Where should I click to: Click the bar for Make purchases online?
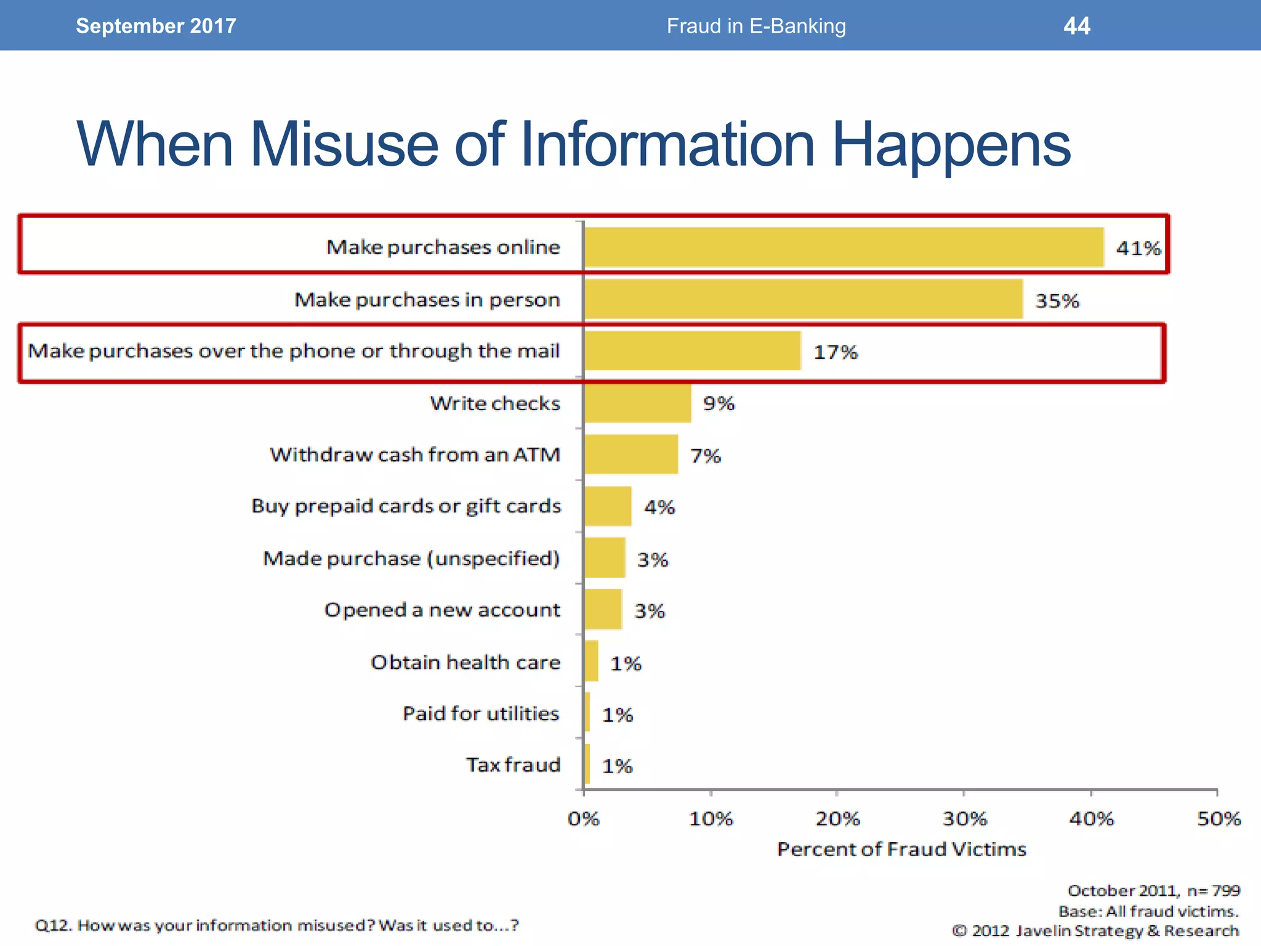click(844, 247)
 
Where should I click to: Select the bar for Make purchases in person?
click(804, 299)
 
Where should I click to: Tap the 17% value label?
click(836, 352)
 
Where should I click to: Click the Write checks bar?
click(638, 403)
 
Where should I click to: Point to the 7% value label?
click(706, 456)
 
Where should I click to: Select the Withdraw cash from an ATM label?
click(415, 455)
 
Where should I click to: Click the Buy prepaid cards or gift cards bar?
click(608, 506)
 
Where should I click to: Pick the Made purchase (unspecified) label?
click(411, 559)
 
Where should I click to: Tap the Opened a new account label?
click(442, 610)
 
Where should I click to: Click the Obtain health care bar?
click(591, 661)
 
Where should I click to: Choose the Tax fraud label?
click(513, 765)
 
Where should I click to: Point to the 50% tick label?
click(1219, 819)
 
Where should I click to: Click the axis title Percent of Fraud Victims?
click(901, 849)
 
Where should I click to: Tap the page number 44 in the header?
click(1076, 26)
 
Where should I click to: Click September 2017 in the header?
click(156, 26)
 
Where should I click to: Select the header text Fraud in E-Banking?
click(756, 26)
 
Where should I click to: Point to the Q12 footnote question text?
click(277, 925)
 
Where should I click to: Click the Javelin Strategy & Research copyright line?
click(1095, 931)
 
